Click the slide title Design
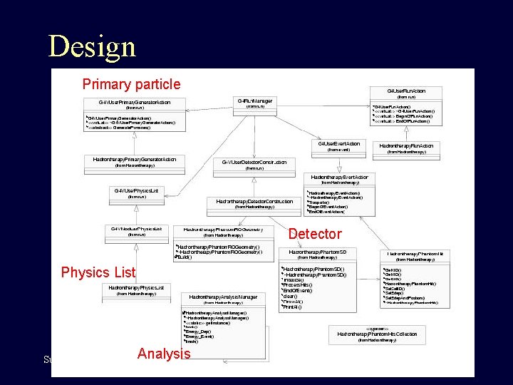tap(91, 46)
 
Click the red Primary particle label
tap(131, 84)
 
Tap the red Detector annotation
tap(315, 234)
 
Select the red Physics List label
tap(98, 272)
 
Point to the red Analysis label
tap(164, 354)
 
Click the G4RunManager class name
tap(254, 101)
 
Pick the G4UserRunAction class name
tap(406, 91)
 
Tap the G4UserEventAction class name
tap(339, 144)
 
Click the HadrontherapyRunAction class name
tap(406, 145)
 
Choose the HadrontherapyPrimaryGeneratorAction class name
tap(135, 159)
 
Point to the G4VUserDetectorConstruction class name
tap(254, 162)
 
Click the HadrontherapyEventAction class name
tap(339, 177)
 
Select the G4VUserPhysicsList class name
tap(136, 190)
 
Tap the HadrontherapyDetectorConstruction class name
tap(254, 201)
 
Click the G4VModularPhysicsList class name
tap(136, 229)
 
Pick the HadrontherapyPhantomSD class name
tap(317, 252)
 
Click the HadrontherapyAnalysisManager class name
tap(223, 297)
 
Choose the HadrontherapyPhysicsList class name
tap(136, 287)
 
